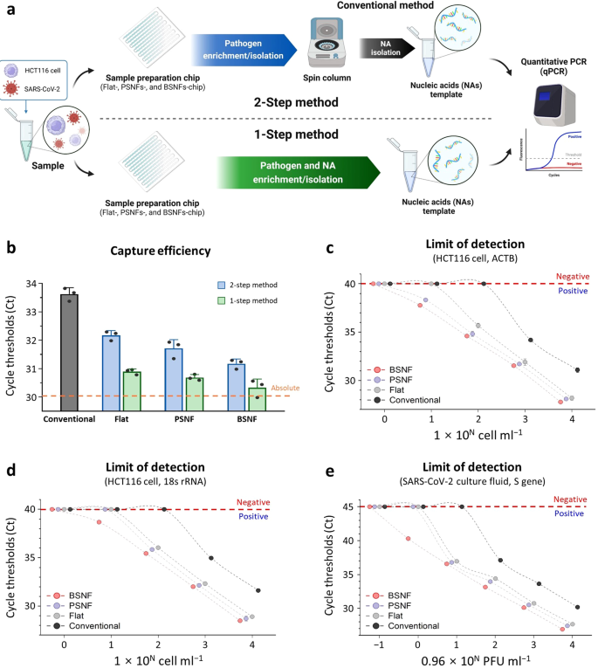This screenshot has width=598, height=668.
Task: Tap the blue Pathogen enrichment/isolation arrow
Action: pos(237,49)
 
